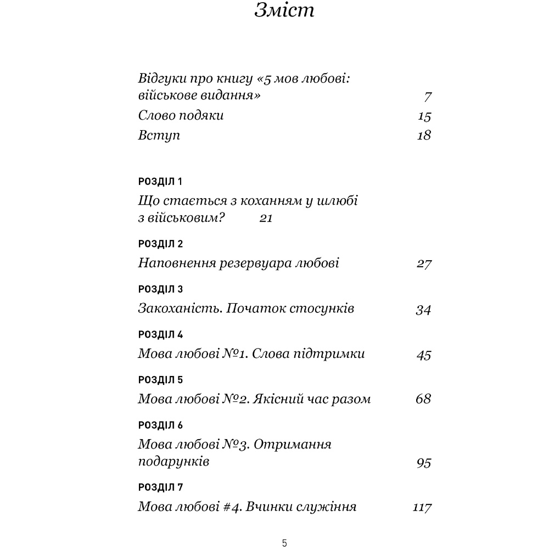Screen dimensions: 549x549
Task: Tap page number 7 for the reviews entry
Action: click(428, 97)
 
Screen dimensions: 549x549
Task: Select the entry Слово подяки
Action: click(181, 116)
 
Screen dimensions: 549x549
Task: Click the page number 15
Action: click(424, 116)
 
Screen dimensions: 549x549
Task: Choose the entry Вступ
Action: click(159, 136)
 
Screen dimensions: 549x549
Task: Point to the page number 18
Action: click(424, 136)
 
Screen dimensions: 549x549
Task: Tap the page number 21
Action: click(266, 219)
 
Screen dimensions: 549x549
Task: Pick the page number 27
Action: click(424, 264)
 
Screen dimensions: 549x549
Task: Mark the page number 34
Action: click(423, 310)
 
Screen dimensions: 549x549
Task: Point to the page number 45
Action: click(424, 355)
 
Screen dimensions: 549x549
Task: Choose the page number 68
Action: click(423, 399)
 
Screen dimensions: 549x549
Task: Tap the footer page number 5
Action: click(284, 544)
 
